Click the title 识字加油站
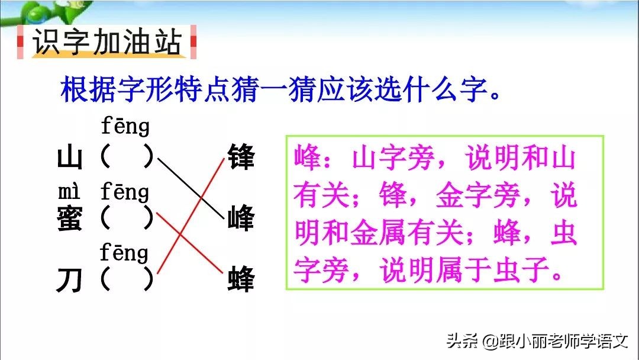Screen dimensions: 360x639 [x=106, y=43]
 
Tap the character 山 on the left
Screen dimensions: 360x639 [x=69, y=159]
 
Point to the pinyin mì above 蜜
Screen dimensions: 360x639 [x=69, y=192]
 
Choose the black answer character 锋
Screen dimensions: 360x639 [x=240, y=159]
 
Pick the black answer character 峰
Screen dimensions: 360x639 [x=240, y=219]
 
